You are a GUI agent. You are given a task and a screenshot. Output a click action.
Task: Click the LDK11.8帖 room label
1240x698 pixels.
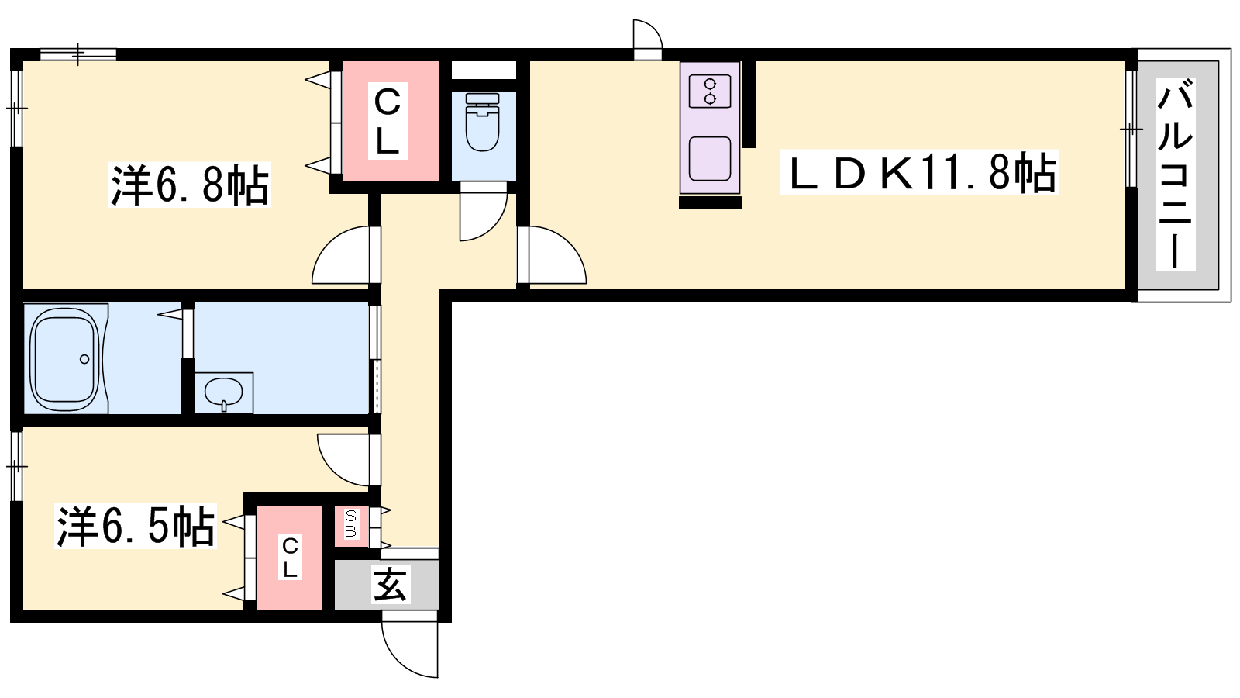919,172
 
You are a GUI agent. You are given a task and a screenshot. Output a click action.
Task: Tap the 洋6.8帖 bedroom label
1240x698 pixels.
190,185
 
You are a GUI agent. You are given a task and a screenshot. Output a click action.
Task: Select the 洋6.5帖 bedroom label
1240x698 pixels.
135,526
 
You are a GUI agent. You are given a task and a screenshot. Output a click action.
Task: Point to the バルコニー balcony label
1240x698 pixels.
1175,174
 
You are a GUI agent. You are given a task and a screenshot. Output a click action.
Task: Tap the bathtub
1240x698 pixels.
65,359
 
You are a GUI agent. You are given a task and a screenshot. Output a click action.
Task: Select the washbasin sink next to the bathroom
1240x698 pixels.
224,392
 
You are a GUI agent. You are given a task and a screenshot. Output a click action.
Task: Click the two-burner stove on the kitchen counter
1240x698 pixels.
710,92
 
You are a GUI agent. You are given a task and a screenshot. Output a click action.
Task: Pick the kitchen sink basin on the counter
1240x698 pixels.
710,159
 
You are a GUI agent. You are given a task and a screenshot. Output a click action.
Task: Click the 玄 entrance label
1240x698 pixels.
391,585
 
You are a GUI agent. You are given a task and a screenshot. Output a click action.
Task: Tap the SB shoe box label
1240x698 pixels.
350,524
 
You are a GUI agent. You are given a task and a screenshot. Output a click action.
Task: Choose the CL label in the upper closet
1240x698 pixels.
387,121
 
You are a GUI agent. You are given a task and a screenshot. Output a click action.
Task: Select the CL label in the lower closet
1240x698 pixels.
290,558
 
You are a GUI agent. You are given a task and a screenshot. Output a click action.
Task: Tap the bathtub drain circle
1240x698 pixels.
84,360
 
